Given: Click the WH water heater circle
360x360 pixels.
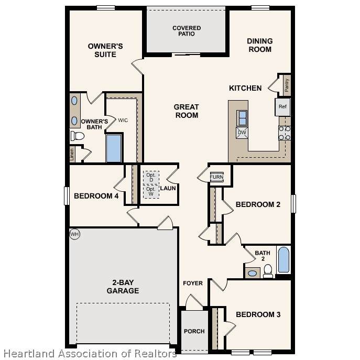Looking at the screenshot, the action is [x=74, y=234].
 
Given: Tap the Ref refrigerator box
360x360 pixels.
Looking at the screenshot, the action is [x=282, y=107].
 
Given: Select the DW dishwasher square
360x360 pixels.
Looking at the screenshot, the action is [x=242, y=133].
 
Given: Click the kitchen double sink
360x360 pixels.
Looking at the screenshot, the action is [x=242, y=118].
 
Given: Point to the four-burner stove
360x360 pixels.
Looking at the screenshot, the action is [x=285, y=133].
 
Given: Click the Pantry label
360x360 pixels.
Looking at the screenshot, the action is [x=287, y=85].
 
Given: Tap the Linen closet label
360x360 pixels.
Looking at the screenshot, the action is [x=72, y=154].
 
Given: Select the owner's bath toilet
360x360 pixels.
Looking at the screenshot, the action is [x=78, y=136].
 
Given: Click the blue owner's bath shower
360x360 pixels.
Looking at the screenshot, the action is [x=114, y=148].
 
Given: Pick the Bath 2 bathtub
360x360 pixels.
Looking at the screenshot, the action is [x=284, y=260].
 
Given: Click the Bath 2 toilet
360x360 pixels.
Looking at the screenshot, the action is [x=268, y=271].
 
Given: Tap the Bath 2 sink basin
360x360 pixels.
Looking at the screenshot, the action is [x=253, y=273].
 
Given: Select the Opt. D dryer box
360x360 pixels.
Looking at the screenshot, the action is [x=151, y=178].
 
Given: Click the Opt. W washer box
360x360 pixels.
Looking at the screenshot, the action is [x=151, y=191].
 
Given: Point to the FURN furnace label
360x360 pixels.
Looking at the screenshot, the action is [x=216, y=177].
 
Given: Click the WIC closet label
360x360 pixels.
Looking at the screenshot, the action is [x=123, y=121].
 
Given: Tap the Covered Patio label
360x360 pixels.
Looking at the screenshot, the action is [x=187, y=31].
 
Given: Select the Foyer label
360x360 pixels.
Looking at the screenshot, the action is [x=193, y=283].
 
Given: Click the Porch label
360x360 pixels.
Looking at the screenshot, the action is [x=194, y=331].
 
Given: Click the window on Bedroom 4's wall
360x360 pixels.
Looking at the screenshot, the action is [x=67, y=196].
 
